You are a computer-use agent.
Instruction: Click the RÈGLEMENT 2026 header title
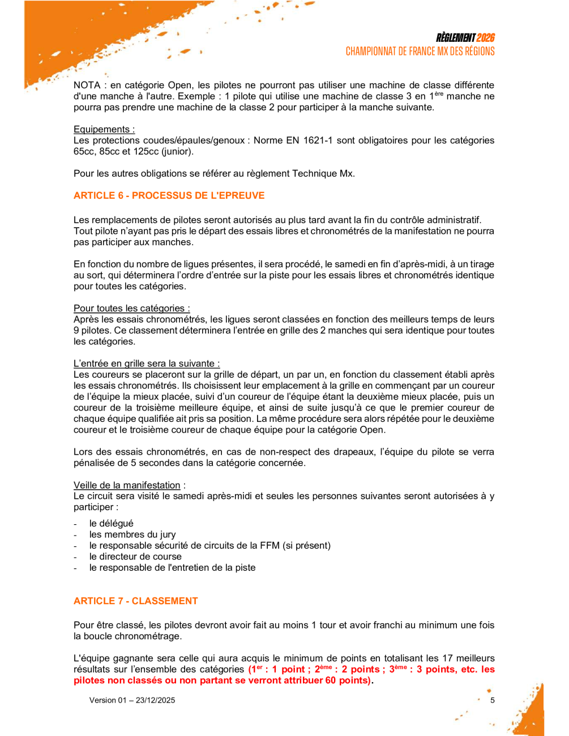click(465, 38)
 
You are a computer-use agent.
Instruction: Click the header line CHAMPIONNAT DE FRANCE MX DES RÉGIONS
click(420, 52)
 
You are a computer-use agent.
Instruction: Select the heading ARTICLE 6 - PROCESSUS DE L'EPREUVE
click(169, 196)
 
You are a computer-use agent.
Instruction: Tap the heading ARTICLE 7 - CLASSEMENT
click(135, 601)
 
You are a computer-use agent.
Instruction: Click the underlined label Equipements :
click(104, 130)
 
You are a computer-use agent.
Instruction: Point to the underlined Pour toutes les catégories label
click(131, 309)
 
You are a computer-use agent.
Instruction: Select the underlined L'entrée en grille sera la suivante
click(147, 363)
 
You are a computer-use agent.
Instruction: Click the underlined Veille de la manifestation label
click(127, 485)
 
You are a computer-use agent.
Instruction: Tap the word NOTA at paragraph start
click(87, 85)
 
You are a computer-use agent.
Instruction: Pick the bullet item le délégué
click(111, 524)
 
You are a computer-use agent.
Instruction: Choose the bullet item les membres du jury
click(132, 534)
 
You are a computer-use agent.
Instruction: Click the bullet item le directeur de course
click(135, 557)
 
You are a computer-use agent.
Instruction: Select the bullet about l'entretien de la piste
click(172, 568)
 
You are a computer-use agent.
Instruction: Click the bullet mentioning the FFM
click(209, 546)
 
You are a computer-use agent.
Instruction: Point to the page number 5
click(492, 700)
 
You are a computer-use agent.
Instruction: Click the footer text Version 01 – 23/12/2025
click(132, 700)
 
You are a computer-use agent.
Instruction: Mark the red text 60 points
click(346, 681)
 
